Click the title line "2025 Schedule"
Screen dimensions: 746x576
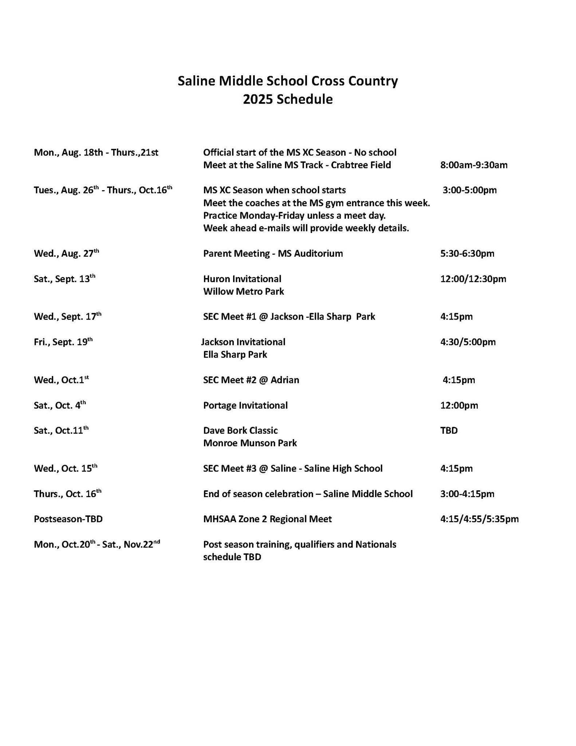pyautogui.click(x=288, y=99)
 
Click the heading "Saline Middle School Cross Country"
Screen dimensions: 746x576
pyautogui.click(x=288, y=81)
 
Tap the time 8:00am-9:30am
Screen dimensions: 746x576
pyautogui.click(x=474, y=165)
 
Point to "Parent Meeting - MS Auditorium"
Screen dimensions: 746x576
pyautogui.click(x=273, y=253)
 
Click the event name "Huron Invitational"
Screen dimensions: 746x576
pyautogui.click(x=242, y=279)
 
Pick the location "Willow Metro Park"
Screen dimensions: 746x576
pyautogui.click(x=243, y=292)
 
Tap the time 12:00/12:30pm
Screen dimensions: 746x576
pyautogui.click(x=473, y=279)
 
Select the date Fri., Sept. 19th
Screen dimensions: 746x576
pyautogui.click(x=63, y=342)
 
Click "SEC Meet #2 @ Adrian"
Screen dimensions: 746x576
pyautogui.click(x=251, y=380)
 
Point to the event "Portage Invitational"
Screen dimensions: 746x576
pyautogui.click(x=245, y=405)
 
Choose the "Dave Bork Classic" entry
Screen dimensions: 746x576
pyautogui.click(x=240, y=430)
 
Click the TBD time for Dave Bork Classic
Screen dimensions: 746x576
pyautogui.click(x=449, y=430)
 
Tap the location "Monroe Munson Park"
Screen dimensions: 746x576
pyautogui.click(x=250, y=443)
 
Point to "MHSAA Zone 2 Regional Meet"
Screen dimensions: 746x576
pyautogui.click(x=267, y=519)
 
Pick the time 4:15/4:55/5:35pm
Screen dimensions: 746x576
pyautogui.click(x=479, y=519)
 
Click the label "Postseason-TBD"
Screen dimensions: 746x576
pyautogui.click(x=68, y=519)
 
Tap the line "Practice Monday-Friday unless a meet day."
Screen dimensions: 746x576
pyautogui.click(x=294, y=215)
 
